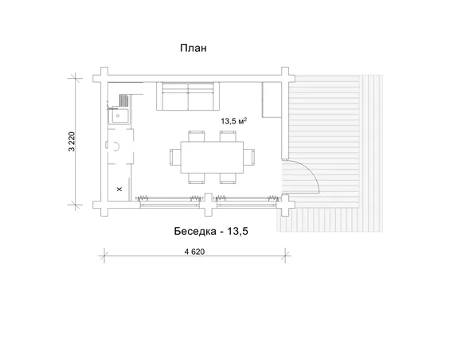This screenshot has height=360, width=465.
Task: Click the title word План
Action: coord(193,48)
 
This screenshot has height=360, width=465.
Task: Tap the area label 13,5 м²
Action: coord(233,121)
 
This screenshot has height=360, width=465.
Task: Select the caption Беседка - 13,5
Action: coord(211,231)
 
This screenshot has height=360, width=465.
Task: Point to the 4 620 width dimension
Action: coord(194,252)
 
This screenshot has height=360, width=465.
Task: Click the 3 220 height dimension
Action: coord(72,142)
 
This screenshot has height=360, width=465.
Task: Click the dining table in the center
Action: coord(212,157)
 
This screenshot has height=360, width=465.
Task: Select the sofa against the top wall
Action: coord(188,96)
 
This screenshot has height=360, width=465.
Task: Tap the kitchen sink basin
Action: coord(119,116)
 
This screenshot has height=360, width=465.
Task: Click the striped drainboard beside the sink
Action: coord(123,100)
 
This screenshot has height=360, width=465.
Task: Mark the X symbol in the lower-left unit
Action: coord(119,189)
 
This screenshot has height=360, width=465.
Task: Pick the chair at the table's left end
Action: coord(175,157)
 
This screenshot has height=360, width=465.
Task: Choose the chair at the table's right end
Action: coord(249,157)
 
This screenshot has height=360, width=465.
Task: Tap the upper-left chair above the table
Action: coord(197,136)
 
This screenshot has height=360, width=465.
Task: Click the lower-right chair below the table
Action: coord(228,178)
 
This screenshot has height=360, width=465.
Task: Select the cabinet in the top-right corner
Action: coord(272,100)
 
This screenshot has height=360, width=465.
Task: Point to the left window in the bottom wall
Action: coord(170,202)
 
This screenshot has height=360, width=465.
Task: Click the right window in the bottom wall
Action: coord(248,202)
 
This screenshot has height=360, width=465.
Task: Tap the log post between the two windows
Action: coord(209,205)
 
